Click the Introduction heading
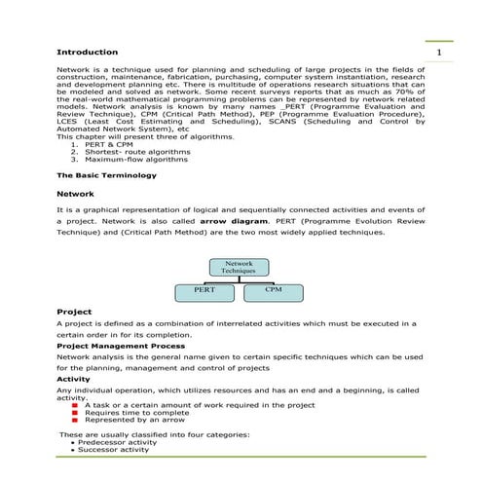tap(88, 52)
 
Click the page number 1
tap(439, 52)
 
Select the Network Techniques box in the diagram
tap(239, 267)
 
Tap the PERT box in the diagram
tap(204, 290)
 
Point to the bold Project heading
tap(74, 312)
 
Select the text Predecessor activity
tap(118, 442)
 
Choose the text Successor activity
tap(113, 450)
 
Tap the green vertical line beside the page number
tap(426, 51)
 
